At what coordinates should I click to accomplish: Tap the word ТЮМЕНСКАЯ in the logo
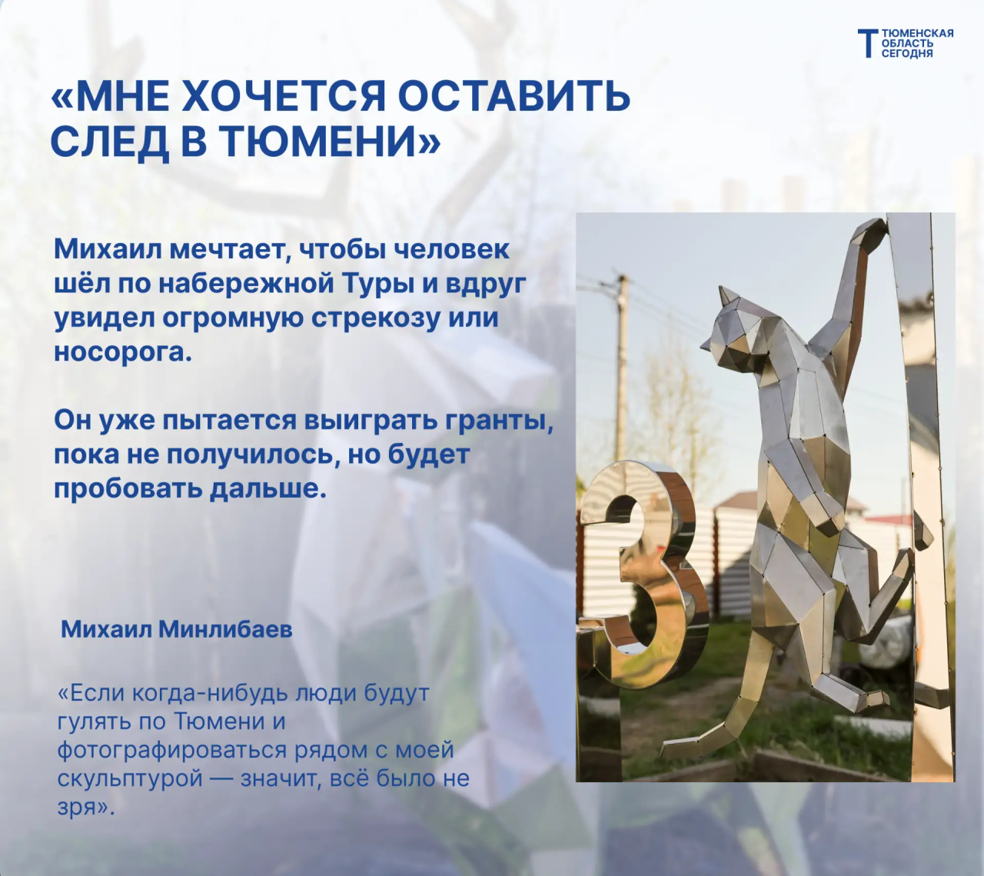[x=917, y=34]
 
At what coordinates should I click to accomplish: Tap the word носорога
[x=123, y=351]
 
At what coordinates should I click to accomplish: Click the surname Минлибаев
[x=225, y=630]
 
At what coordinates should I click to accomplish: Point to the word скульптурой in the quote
[x=130, y=779]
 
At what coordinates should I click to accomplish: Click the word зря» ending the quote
[x=86, y=809]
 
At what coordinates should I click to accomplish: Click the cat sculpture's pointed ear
[x=726, y=295]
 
